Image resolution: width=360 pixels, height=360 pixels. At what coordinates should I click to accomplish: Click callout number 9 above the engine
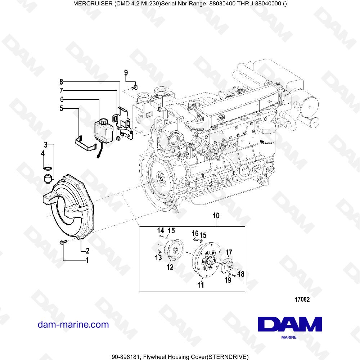tap(126, 73)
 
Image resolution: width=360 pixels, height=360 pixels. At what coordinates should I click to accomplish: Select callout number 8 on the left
tap(61, 81)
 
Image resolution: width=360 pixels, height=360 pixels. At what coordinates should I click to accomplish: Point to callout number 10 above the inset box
tap(216, 216)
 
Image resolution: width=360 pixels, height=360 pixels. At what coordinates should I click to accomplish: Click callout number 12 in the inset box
tap(170, 267)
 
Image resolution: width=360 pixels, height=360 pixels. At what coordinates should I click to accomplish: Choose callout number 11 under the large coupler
tap(201, 285)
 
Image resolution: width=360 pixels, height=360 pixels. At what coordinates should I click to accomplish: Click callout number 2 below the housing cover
tap(87, 251)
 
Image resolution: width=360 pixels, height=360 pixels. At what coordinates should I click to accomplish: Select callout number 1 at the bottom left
tap(87, 260)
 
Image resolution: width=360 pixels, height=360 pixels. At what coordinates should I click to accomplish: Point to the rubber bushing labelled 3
tap(48, 178)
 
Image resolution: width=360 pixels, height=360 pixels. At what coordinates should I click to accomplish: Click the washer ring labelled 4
tap(48, 168)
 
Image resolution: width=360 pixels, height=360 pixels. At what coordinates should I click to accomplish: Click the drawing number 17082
tap(302, 299)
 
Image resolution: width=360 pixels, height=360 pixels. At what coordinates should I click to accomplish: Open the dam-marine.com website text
tap(73, 324)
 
